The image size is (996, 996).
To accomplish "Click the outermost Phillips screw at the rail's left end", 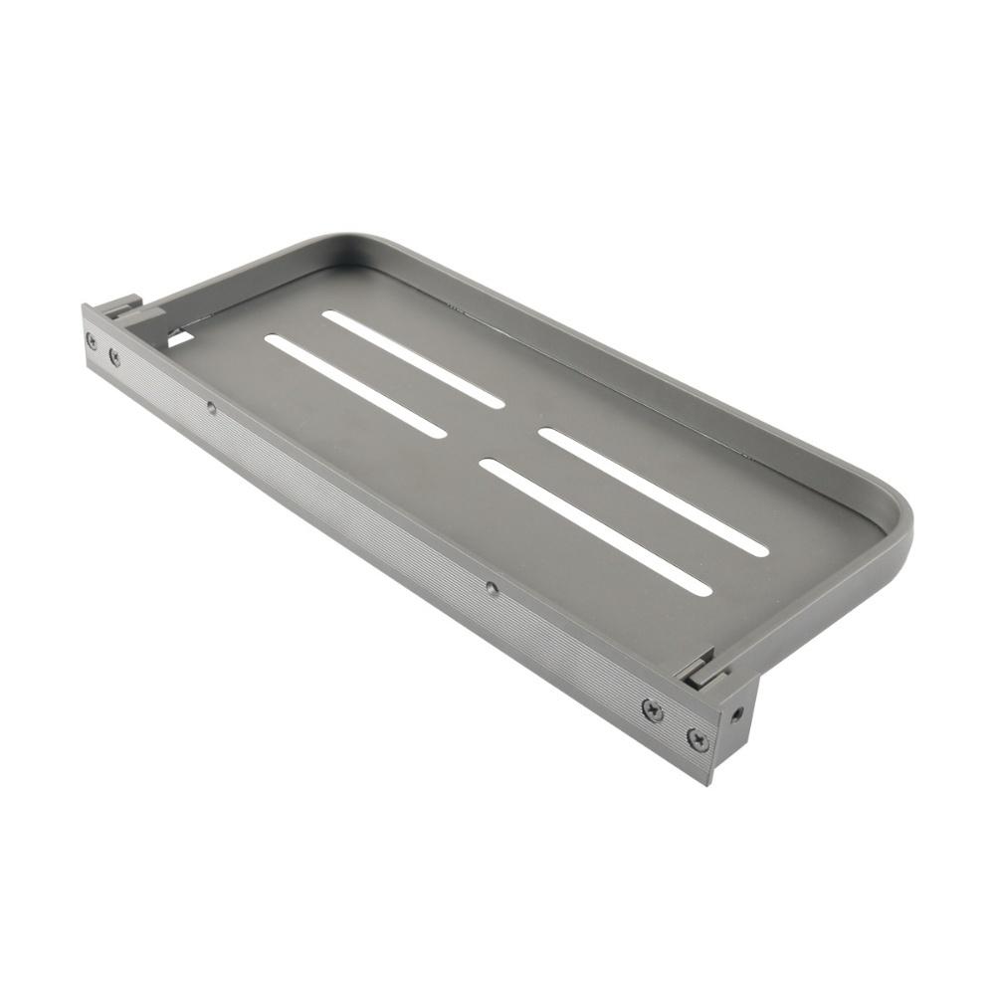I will pyautogui.click(x=92, y=340).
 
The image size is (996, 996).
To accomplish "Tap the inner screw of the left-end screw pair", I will pyautogui.click(x=114, y=354).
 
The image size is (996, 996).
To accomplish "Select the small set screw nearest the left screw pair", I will pyautogui.click(x=211, y=406).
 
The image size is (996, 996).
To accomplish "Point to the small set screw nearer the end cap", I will pyautogui.click(x=492, y=587).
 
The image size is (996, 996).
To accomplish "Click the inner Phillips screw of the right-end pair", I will pyautogui.click(x=652, y=709).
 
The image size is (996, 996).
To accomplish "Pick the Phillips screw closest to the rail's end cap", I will pyautogui.click(x=697, y=739).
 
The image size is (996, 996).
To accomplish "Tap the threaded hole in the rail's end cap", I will pyautogui.click(x=736, y=714).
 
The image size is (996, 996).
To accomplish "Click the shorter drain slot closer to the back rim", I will pyautogui.click(x=413, y=359).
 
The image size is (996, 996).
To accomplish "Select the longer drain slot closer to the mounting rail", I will pyautogui.click(x=595, y=526).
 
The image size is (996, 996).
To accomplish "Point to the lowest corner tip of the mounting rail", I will pyautogui.click(x=710, y=782).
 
